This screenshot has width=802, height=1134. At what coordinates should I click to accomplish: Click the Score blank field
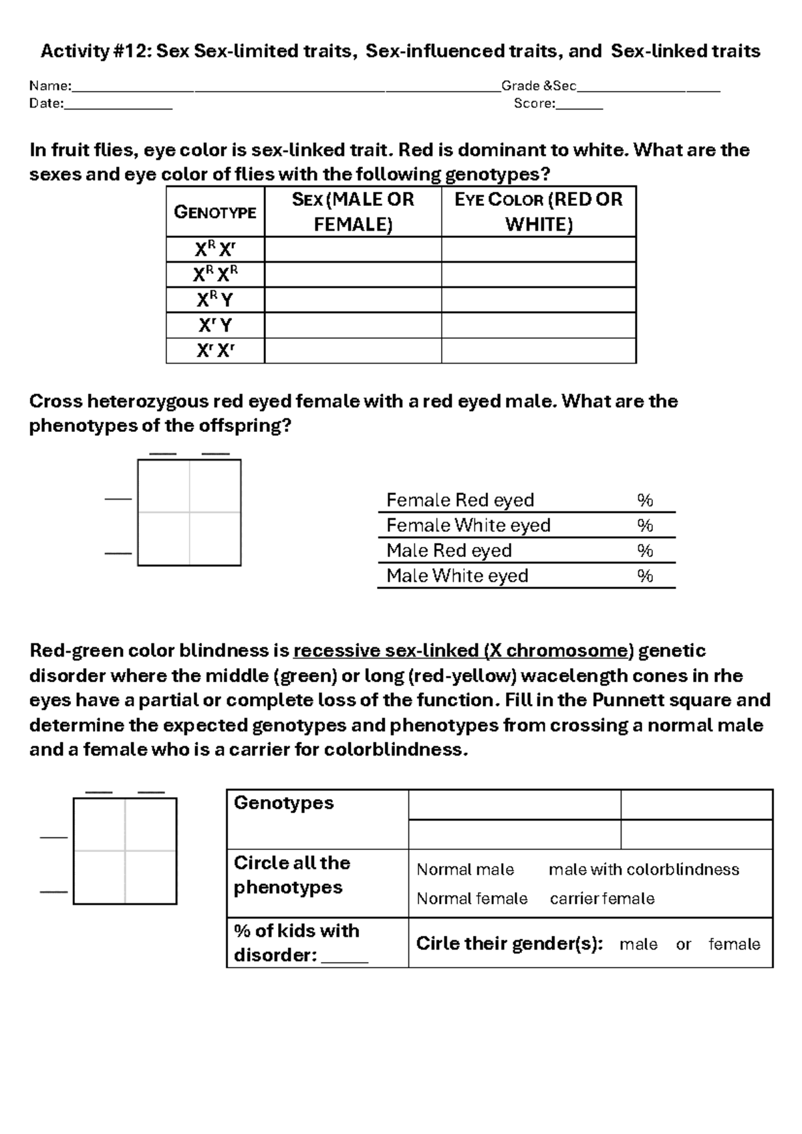click(579, 105)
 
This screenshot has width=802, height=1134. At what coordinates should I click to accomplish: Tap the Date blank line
click(118, 105)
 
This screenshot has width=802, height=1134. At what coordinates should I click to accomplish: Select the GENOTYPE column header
click(215, 212)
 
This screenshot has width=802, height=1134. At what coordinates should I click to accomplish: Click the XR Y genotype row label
click(215, 300)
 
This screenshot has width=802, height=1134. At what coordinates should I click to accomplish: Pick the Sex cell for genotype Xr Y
click(353, 326)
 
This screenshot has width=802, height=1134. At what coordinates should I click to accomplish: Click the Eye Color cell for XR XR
click(538, 275)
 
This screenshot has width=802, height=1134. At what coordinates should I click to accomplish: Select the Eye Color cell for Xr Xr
click(538, 351)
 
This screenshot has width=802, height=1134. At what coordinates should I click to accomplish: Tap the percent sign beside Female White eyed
click(644, 526)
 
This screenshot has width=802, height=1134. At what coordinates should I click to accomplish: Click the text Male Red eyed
click(449, 551)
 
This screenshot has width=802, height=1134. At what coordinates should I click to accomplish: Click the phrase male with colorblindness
click(644, 869)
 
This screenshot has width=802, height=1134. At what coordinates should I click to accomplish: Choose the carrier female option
click(602, 899)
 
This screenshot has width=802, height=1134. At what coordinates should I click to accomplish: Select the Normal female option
click(472, 899)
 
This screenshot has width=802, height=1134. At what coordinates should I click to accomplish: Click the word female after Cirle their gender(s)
click(734, 944)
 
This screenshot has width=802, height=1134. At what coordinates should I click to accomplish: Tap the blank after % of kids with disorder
click(344, 956)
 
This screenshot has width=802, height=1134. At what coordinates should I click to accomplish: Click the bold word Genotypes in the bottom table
click(283, 802)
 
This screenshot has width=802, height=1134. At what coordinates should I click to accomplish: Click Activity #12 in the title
click(96, 51)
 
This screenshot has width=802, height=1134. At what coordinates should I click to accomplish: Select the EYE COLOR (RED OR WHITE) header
click(538, 211)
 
